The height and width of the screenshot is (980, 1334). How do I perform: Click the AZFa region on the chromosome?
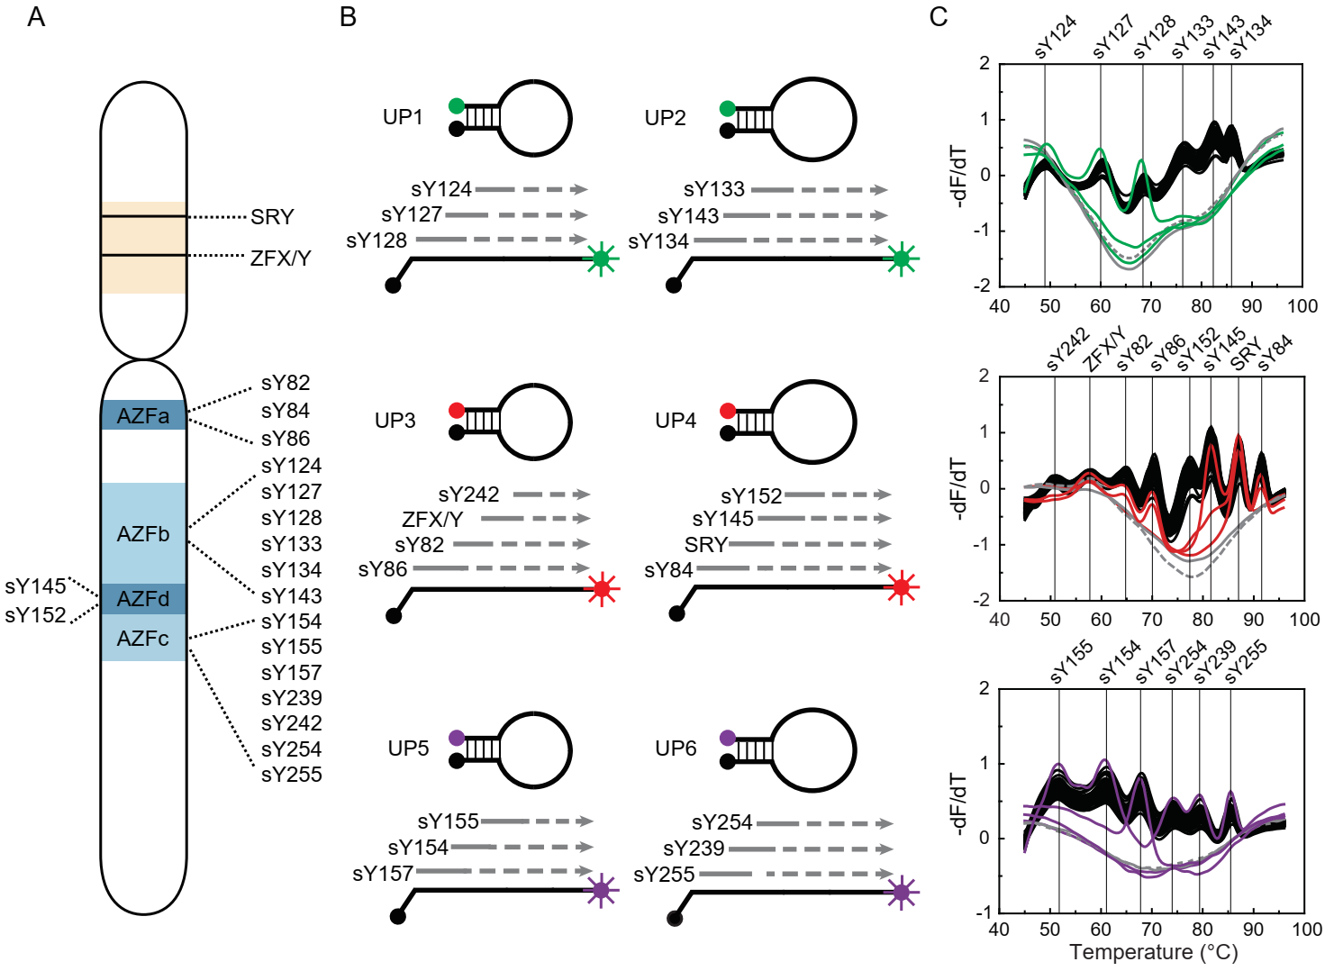pos(143,415)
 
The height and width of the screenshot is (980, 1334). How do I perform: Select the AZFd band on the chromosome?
pos(143,599)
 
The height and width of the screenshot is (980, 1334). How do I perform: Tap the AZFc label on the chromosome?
pos(143,639)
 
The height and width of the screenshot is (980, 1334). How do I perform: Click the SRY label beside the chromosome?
pos(272,217)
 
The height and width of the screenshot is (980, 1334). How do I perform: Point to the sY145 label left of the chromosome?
pos(36,586)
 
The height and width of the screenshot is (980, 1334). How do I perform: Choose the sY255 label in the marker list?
pos(291,775)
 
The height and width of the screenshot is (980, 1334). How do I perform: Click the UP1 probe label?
pos(403,117)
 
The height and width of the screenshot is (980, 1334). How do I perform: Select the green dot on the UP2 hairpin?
pos(728,109)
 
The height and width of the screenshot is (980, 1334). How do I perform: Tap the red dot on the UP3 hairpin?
pos(457,411)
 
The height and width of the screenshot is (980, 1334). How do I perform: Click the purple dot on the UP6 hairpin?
pos(728,738)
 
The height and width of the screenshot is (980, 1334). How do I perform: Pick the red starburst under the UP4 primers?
pos(901,588)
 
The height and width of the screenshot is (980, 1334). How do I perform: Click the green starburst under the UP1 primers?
pos(601,259)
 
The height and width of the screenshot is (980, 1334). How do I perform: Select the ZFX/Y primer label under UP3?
pos(432,520)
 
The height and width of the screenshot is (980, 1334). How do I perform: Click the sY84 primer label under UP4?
pos(668,570)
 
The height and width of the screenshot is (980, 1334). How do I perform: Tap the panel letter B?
pos(349,17)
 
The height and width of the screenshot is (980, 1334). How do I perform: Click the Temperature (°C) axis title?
pos(1153,952)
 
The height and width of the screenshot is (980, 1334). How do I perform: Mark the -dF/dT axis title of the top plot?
pos(960,176)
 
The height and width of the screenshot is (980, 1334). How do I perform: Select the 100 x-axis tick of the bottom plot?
pos(1306,930)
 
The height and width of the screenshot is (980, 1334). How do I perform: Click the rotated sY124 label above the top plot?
pos(1056,37)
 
